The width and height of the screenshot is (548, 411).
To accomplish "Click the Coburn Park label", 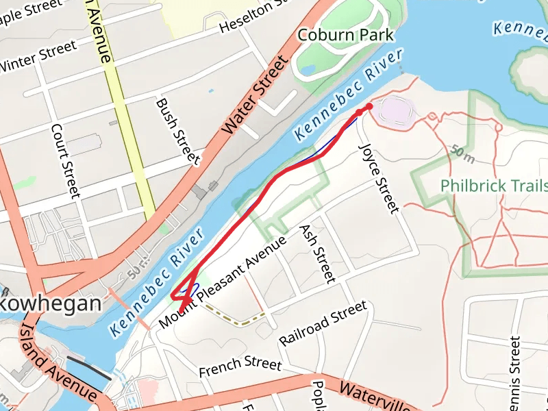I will click(346, 34).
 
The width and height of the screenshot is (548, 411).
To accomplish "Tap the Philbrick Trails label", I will click(494, 186).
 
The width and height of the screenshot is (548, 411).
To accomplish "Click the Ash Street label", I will click(318, 253).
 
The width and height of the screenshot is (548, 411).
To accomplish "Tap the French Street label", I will click(240, 367).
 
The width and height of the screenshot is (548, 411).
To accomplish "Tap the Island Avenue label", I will click(58, 364).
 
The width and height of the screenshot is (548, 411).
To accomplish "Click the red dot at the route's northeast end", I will click(369, 105).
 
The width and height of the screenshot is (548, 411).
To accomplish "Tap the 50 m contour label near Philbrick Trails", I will click(464, 154).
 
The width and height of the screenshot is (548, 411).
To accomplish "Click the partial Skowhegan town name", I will click(51, 303).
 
